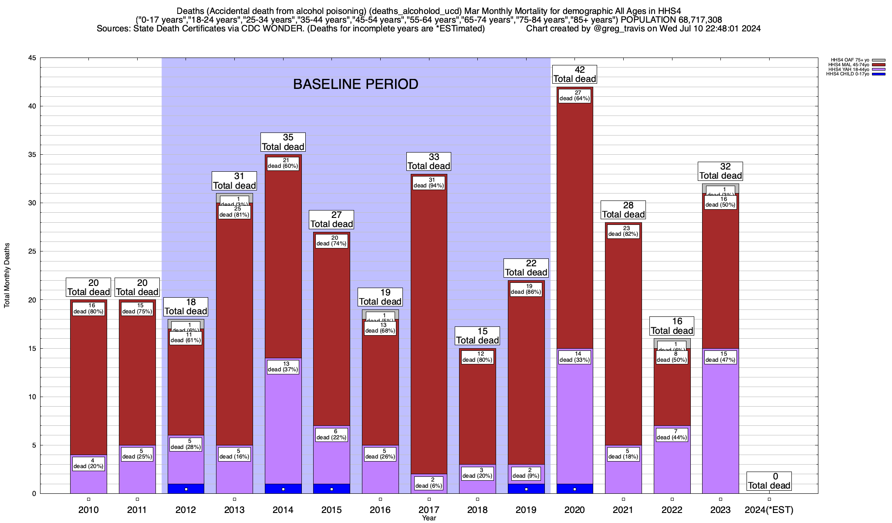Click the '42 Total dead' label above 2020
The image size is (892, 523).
pos(574,74)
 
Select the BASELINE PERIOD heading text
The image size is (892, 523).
pos(355,84)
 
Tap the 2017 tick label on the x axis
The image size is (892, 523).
pos(429,509)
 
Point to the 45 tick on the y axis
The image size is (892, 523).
pos(32,58)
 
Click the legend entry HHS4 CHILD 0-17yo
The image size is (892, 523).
pos(847,74)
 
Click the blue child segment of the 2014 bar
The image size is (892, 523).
pos(283,489)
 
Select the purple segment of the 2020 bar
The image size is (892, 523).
pos(574,418)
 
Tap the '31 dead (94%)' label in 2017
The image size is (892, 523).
pos(429,183)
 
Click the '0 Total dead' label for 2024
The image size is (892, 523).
pos(769,481)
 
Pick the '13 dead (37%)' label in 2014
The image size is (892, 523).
pos(283,367)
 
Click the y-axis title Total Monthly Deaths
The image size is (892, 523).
pos(7,275)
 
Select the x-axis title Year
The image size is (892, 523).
pos(429,518)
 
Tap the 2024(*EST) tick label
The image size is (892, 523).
pos(769,509)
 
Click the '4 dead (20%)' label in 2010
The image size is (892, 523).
pos(88,463)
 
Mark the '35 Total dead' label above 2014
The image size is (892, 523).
pos(283,142)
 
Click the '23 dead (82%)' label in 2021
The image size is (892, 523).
pos(623,231)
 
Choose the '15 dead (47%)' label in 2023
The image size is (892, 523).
pos(720,357)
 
